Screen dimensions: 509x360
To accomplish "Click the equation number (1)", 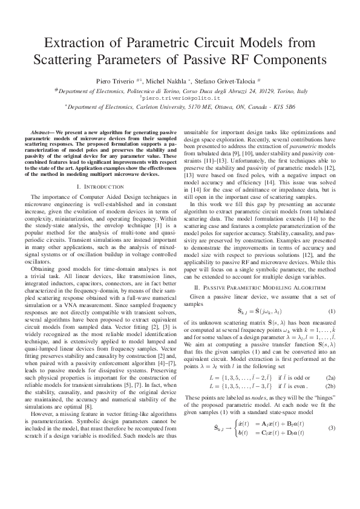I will coord(332,311).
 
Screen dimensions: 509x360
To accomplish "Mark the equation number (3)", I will coord(332,411).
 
